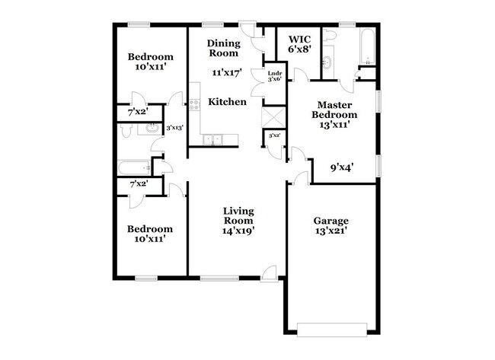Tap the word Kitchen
pos(227,101)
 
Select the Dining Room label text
pos(224,49)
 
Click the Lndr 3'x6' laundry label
pos(274,76)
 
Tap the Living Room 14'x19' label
pos(238,219)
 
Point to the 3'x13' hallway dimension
pos(175,128)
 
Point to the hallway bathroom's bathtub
pos(134,167)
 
